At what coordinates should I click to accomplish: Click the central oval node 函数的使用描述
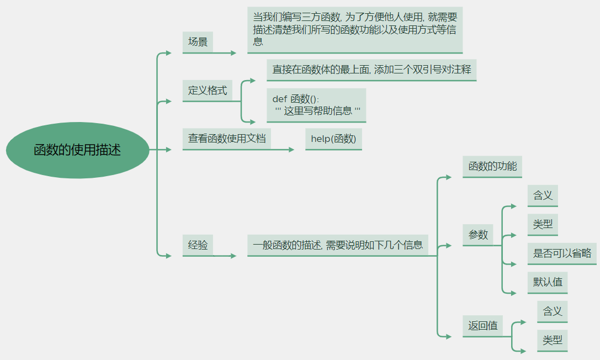point(77,150)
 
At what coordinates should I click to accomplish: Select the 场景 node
point(198,42)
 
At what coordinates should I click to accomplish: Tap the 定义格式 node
point(207,91)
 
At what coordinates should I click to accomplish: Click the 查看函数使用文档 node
point(226,138)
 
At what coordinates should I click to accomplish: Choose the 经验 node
point(198,245)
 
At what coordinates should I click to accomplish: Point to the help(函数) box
point(333,139)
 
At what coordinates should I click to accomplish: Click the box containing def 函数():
point(316,105)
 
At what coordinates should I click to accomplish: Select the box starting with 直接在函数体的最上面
point(371,70)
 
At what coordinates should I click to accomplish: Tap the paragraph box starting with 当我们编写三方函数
point(354,30)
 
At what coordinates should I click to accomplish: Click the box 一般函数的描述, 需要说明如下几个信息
point(337,245)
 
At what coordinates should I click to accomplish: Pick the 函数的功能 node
point(492,166)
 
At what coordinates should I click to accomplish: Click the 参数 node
point(478,235)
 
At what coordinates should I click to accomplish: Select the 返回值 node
point(482,326)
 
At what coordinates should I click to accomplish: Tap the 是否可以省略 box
point(561,253)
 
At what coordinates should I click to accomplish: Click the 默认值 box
point(547,282)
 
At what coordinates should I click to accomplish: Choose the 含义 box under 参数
point(542,195)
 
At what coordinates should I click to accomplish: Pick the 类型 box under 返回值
point(552,340)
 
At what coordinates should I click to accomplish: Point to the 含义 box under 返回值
point(552,311)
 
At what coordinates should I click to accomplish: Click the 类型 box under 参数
point(542,224)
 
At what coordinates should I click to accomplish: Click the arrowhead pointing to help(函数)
point(292,150)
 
